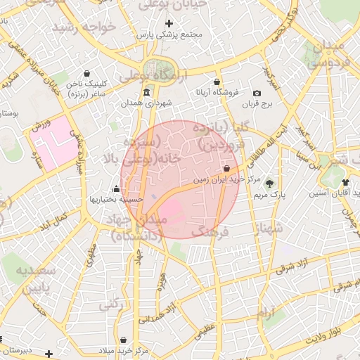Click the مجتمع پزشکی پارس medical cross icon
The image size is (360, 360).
[x=169, y=23]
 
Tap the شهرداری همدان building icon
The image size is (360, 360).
[x=146, y=93]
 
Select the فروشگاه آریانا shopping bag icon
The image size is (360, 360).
[x=217, y=82]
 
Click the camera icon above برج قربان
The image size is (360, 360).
[x=257, y=94]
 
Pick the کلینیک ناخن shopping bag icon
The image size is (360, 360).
[x=86, y=73]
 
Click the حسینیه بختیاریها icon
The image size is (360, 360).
[x=116, y=188]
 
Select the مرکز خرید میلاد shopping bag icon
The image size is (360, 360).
[x=123, y=340]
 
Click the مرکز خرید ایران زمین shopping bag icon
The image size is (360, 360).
[x=226, y=169]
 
